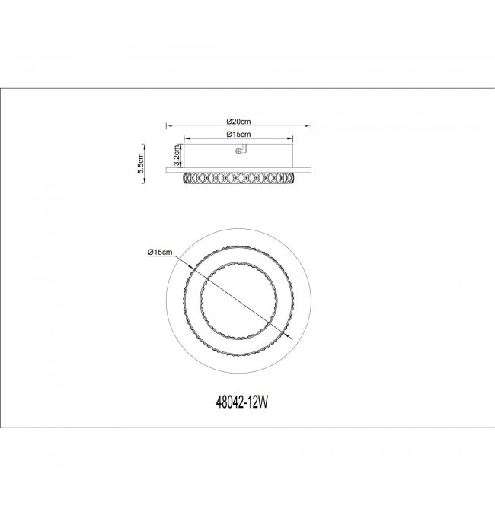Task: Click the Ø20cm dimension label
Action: coord(238,122)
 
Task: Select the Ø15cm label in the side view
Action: coord(238,135)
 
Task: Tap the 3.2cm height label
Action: coord(177,155)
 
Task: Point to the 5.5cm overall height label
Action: coord(140,164)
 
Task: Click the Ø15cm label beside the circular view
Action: coord(160,253)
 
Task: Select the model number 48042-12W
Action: coord(242,402)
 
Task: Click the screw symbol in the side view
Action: coord(238,151)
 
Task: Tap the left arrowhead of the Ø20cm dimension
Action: coord(168,126)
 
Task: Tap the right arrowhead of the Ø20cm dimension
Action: coord(308,126)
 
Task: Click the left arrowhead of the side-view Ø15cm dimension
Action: coord(186,138)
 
